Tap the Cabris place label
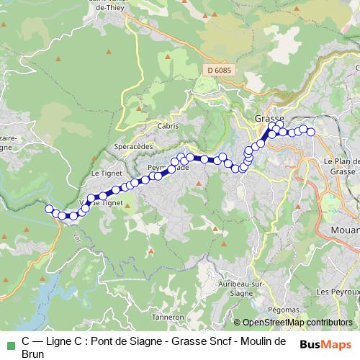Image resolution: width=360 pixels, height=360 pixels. [x=167, y=125]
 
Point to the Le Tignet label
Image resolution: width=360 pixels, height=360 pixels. [x=105, y=174]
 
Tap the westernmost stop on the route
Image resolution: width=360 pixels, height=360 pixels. [x=50, y=209]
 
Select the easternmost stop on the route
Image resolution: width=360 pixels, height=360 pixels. [x=311, y=132]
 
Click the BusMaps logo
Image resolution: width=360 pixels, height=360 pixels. [x=323, y=343]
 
